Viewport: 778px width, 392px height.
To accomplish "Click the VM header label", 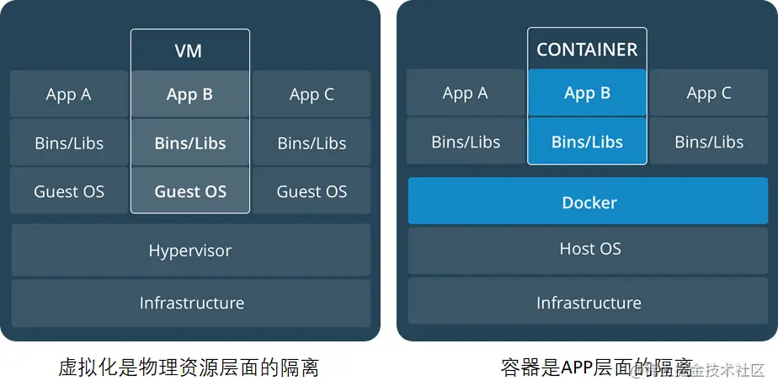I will (190, 50).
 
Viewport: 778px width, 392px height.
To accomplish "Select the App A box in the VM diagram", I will (69, 94).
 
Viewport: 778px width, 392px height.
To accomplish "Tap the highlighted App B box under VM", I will (190, 94).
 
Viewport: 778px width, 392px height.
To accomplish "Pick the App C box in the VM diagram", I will (312, 94).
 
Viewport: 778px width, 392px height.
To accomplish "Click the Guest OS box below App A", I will (69, 191).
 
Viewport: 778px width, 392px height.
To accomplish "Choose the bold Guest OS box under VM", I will (190, 191).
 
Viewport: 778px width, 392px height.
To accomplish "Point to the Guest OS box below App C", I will (312, 191).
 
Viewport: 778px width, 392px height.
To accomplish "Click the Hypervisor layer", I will (190, 250).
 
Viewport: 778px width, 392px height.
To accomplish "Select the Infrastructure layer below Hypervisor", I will (190, 303).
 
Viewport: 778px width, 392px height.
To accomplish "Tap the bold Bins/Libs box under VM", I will (190, 142).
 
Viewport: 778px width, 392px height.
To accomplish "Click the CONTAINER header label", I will (587, 50).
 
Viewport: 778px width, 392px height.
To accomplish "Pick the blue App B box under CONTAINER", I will (587, 93).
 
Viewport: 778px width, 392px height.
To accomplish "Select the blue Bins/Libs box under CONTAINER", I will (587, 142).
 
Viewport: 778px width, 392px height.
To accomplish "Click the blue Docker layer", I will (589, 202).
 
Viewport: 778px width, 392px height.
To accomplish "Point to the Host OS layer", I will (589, 249).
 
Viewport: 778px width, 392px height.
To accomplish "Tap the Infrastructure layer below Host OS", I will (589, 303).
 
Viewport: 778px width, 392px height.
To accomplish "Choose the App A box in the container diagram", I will (466, 93).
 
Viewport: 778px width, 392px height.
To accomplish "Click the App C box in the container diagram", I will (709, 93).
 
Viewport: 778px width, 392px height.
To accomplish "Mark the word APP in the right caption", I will (579, 368).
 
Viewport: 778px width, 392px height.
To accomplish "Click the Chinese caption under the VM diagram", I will (189, 368).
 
